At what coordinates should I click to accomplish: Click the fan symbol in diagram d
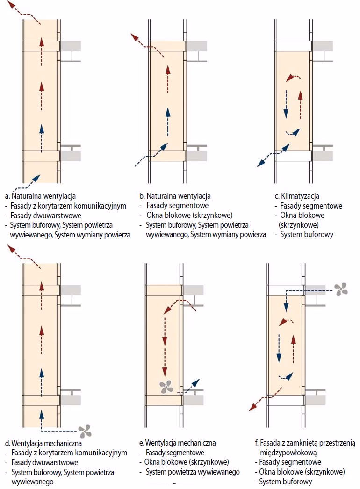click(x=85, y=431)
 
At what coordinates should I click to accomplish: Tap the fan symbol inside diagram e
click(x=166, y=386)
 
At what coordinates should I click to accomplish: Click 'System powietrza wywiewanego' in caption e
click(x=193, y=472)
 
